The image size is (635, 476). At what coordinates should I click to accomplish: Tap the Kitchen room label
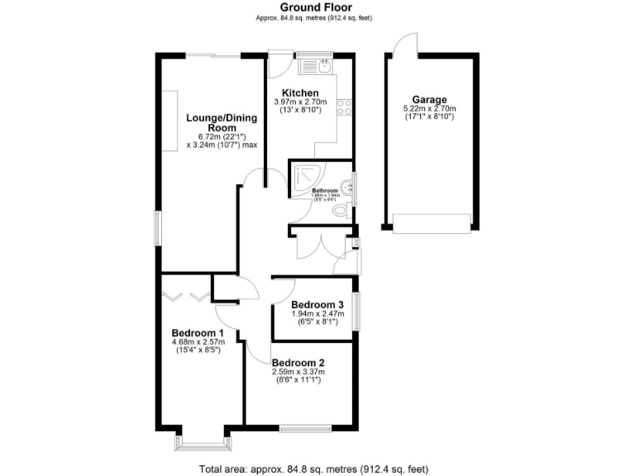(300, 92)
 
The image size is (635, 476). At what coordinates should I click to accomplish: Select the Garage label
(429, 98)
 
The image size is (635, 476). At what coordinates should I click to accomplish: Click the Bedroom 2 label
(298, 363)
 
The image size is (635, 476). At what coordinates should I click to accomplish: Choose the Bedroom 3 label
(317, 304)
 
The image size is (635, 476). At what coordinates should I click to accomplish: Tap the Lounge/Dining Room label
(222, 123)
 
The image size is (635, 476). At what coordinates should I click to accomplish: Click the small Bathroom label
(325, 190)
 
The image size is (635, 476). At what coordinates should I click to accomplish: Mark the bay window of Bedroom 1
(201, 442)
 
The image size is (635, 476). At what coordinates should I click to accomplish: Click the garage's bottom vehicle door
(431, 221)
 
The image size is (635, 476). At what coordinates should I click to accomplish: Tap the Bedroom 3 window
(357, 312)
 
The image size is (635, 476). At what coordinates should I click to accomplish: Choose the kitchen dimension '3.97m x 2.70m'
(300, 102)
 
